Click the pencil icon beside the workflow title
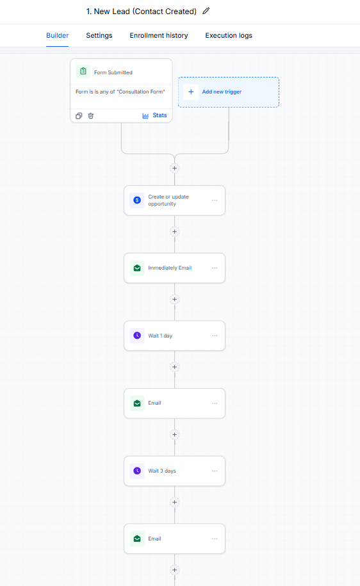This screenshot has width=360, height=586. [206, 11]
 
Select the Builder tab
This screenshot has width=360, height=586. [57, 35]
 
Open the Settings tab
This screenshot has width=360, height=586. [99, 35]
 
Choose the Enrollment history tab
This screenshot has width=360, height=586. [159, 35]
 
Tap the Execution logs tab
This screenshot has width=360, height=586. [229, 35]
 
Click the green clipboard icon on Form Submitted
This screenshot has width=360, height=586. [83, 71]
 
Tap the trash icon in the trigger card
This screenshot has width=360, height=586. [91, 116]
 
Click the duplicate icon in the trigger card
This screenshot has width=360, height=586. [79, 116]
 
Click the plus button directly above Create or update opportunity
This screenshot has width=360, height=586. [175, 168]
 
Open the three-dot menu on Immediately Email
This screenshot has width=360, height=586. [215, 268]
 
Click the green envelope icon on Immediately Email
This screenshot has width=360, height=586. [137, 268]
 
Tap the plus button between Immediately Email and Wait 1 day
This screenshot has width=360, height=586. [175, 299]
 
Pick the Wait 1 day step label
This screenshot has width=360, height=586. [160, 336]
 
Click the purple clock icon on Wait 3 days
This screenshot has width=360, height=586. [137, 471]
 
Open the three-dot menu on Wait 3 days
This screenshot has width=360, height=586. [215, 471]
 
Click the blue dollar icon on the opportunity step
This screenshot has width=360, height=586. [137, 200]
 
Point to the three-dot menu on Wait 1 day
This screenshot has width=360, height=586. [215, 336]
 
